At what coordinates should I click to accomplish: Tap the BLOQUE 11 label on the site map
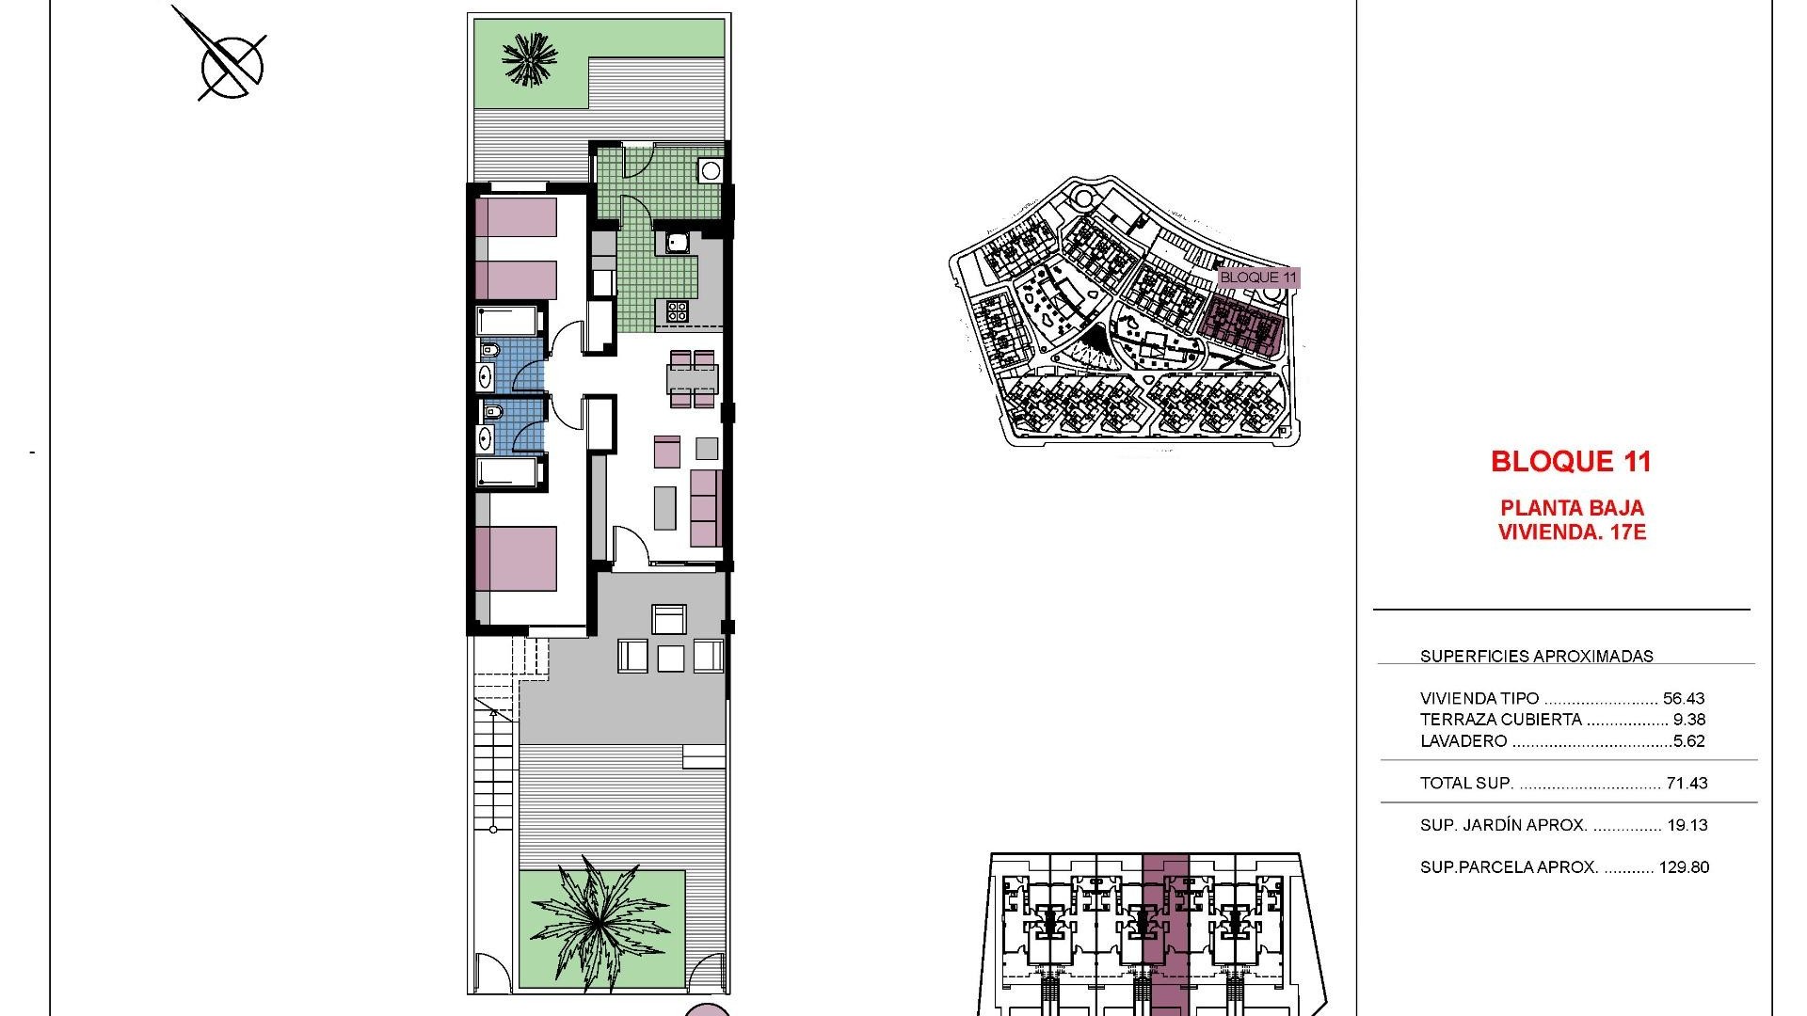pyautogui.click(x=1257, y=278)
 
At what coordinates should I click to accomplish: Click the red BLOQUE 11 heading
pyautogui.click(x=1571, y=461)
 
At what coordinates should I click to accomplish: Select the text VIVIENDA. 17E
pyautogui.click(x=1571, y=532)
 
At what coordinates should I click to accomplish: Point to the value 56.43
pyautogui.click(x=1684, y=699)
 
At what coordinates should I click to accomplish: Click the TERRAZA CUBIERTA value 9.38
pyautogui.click(x=1689, y=720)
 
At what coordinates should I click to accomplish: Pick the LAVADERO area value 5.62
pyautogui.click(x=1689, y=741)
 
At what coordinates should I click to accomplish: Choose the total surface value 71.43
pyautogui.click(x=1687, y=783)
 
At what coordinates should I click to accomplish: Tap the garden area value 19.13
pyautogui.click(x=1687, y=825)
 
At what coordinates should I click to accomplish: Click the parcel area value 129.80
pyautogui.click(x=1684, y=867)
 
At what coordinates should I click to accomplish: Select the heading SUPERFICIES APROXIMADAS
pyautogui.click(x=1536, y=657)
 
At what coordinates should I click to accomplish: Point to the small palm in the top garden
pyautogui.click(x=529, y=58)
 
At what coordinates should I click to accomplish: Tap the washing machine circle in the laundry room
pyautogui.click(x=711, y=171)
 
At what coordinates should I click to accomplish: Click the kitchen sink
pyautogui.click(x=678, y=244)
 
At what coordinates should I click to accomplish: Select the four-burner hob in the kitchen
pyautogui.click(x=678, y=310)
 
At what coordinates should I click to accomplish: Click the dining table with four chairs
pyautogui.click(x=693, y=379)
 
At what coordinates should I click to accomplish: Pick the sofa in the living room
pyautogui.click(x=706, y=509)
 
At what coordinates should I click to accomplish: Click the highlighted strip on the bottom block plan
pyautogui.click(x=1165, y=931)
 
